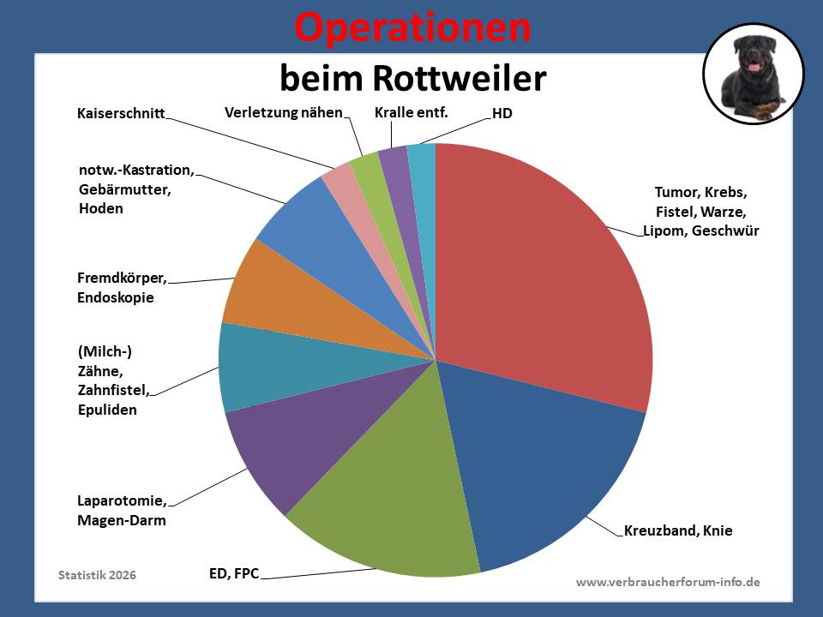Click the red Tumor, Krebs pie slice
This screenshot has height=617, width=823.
(540, 274)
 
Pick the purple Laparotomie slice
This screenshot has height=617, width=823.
(283, 446)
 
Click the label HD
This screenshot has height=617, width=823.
(502, 113)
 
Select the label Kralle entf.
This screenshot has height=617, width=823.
(411, 112)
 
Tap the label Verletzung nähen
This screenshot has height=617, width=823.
(284, 112)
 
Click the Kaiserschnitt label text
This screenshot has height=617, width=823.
(121, 113)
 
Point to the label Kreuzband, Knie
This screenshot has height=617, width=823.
(678, 531)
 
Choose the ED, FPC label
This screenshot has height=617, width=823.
(233, 572)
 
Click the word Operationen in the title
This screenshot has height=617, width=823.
(412, 28)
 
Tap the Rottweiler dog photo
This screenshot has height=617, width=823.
(754, 74)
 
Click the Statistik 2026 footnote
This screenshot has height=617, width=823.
(97, 574)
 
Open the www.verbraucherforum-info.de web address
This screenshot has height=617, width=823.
(668, 582)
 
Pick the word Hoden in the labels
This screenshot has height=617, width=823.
(100, 208)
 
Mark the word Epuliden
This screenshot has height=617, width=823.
(106, 410)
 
